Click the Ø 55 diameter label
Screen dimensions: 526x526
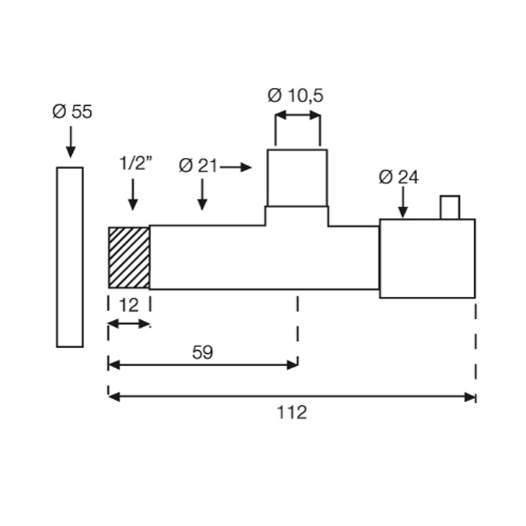click(72, 112)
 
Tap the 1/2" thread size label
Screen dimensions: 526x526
click(135, 163)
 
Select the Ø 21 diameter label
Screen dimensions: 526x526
click(198, 166)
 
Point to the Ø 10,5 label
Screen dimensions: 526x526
click(295, 95)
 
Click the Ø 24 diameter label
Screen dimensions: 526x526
click(398, 177)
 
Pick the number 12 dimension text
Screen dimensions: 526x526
click(128, 305)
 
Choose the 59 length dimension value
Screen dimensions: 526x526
click(203, 352)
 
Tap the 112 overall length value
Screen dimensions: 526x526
click(292, 413)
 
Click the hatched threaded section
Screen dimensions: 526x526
click(128, 258)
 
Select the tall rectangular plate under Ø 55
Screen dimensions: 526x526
click(70, 257)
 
